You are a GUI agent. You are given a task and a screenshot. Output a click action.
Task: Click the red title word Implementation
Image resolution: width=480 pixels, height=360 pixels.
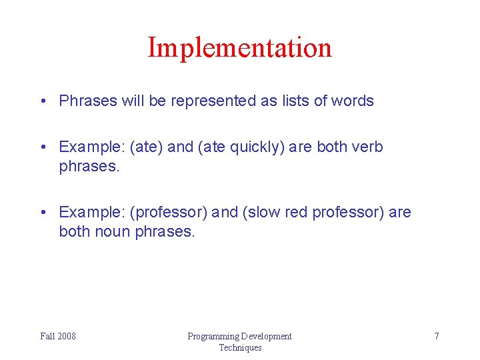point(239,48)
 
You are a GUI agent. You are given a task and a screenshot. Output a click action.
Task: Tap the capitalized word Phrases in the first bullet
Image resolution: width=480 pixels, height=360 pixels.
point(87,101)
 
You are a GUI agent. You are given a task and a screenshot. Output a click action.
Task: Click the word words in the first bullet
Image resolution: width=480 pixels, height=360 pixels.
point(353,101)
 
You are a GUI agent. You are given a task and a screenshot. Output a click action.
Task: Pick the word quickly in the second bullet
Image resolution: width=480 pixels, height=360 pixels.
point(256,147)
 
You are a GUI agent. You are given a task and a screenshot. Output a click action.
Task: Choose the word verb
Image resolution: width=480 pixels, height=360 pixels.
point(368,147)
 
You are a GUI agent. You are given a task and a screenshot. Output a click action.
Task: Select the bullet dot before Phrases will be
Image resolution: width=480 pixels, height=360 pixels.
point(43,102)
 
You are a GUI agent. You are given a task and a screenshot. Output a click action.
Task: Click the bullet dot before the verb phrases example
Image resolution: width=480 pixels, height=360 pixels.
point(43,147)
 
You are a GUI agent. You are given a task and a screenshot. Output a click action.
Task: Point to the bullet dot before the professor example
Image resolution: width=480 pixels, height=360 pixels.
point(43,213)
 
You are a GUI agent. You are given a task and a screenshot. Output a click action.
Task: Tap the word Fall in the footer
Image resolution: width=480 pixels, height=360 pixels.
point(48,336)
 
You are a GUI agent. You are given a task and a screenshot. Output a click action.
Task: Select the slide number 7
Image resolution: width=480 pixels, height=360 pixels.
point(437,336)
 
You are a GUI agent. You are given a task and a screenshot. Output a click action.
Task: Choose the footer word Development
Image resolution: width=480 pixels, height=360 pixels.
point(267,336)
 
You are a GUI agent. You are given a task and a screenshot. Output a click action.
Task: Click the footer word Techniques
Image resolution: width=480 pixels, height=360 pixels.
point(240,347)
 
